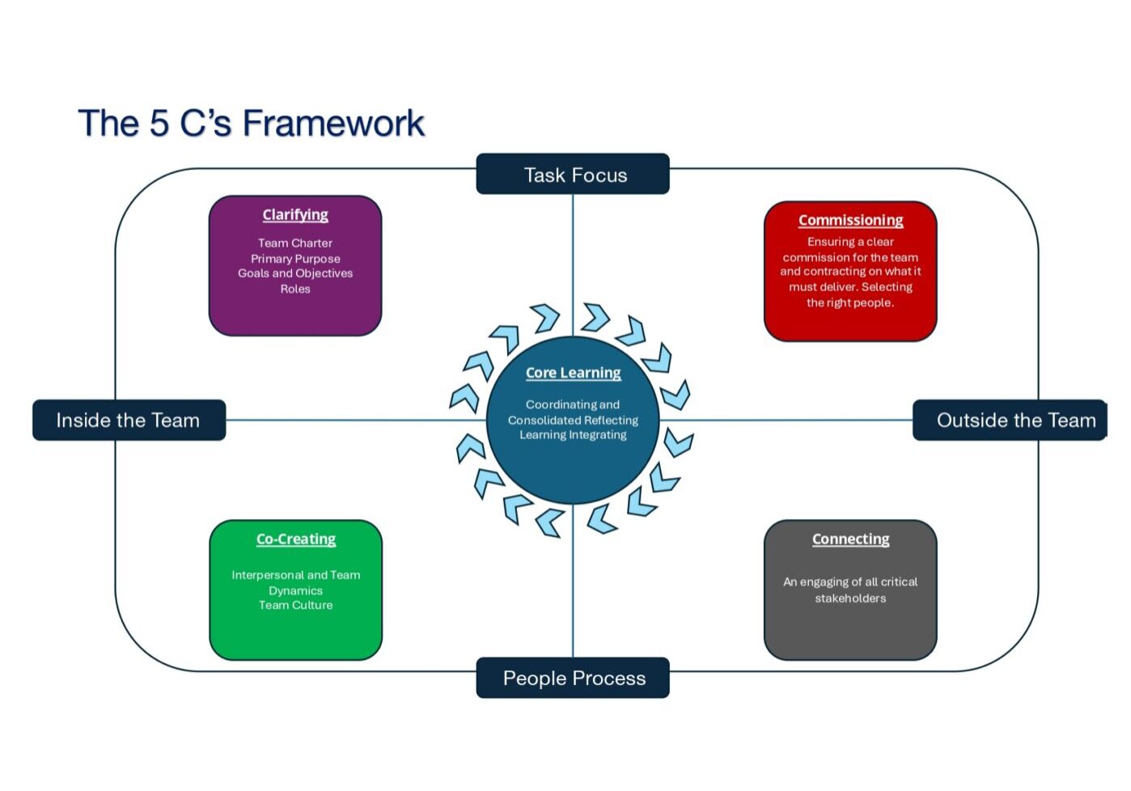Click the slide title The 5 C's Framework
click(251, 124)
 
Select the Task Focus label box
click(574, 175)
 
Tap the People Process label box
click(574, 678)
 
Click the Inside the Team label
click(129, 421)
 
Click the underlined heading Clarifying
click(295, 215)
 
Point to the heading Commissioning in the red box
click(850, 220)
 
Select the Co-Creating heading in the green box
click(296, 539)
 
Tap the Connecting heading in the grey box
click(850, 539)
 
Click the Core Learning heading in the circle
click(573, 373)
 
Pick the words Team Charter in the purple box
click(295, 243)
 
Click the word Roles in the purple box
click(295, 289)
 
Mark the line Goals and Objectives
click(295, 273)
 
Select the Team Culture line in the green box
click(295, 605)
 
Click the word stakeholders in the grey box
click(850, 599)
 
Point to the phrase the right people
click(850, 302)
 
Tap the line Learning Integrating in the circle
click(573, 435)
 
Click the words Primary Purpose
click(295, 259)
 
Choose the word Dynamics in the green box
click(295, 590)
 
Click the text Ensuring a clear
click(850, 242)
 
